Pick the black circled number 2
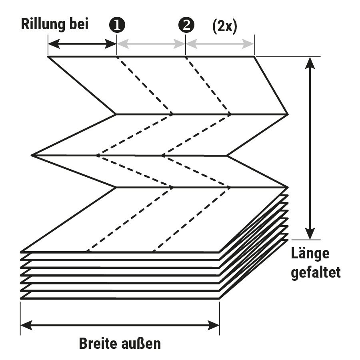point(186,25)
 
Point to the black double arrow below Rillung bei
point(82,44)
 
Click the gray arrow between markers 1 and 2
point(151,44)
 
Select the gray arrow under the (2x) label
point(220,44)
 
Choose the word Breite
point(99,343)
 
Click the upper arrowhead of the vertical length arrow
point(310,62)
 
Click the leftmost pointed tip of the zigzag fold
point(32,155)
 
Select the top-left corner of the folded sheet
point(48,57)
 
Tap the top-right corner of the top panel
point(254,57)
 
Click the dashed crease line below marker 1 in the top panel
point(144,85)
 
